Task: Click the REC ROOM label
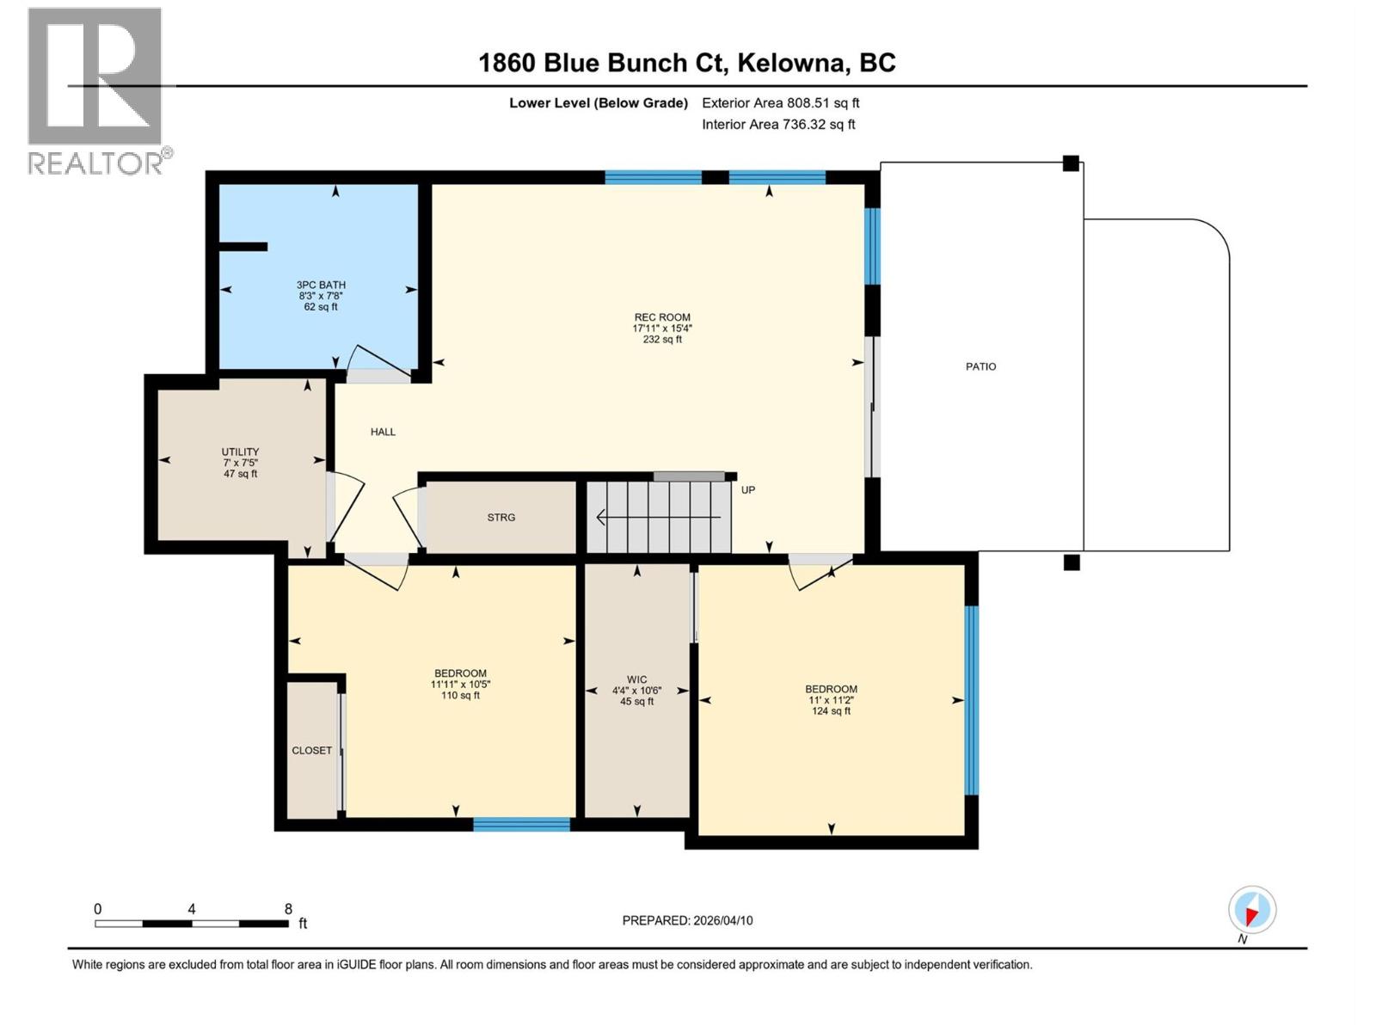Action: [x=662, y=317]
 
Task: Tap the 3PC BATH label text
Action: [x=321, y=285]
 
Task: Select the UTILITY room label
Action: [x=240, y=451]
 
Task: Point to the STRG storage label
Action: [x=501, y=517]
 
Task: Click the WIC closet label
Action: [x=636, y=679]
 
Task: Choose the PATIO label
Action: [x=980, y=366]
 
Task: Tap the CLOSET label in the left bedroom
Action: [x=311, y=751]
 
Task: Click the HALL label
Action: [x=383, y=432]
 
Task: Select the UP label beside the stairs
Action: [x=748, y=490]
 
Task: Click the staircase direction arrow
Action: [x=658, y=517]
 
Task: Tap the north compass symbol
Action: [x=1252, y=911]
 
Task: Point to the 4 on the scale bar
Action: [x=192, y=909]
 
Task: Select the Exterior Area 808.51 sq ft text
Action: [x=780, y=103]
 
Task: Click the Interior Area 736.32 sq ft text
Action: [x=778, y=125]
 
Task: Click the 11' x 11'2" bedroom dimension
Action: [x=831, y=700]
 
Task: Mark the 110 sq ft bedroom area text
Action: [x=460, y=696]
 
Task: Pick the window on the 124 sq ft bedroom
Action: [x=971, y=700]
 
